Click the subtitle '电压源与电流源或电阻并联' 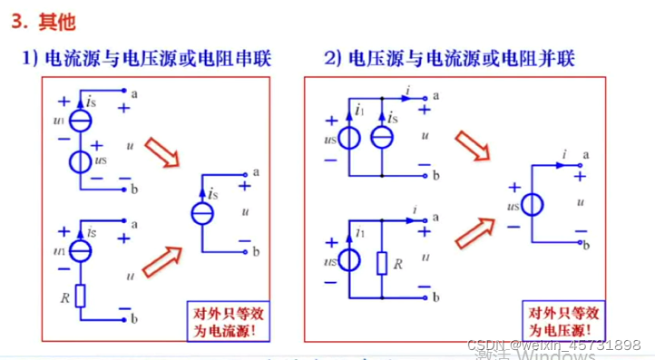[461, 59]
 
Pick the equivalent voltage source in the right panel [533, 205]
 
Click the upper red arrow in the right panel [473, 148]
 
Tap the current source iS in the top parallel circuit [383, 138]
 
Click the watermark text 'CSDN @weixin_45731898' [553, 345]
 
